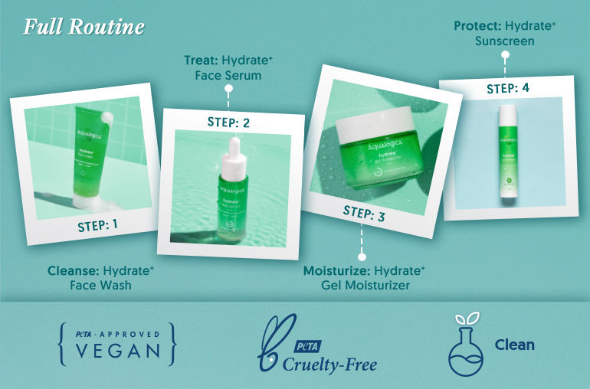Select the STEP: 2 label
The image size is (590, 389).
click(x=228, y=122)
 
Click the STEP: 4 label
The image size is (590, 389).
click(x=508, y=88)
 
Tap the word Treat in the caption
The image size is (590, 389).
click(x=198, y=59)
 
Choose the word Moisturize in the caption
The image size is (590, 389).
click(x=337, y=270)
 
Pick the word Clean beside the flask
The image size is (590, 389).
click(x=514, y=345)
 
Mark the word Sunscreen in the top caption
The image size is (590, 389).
click(x=504, y=41)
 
